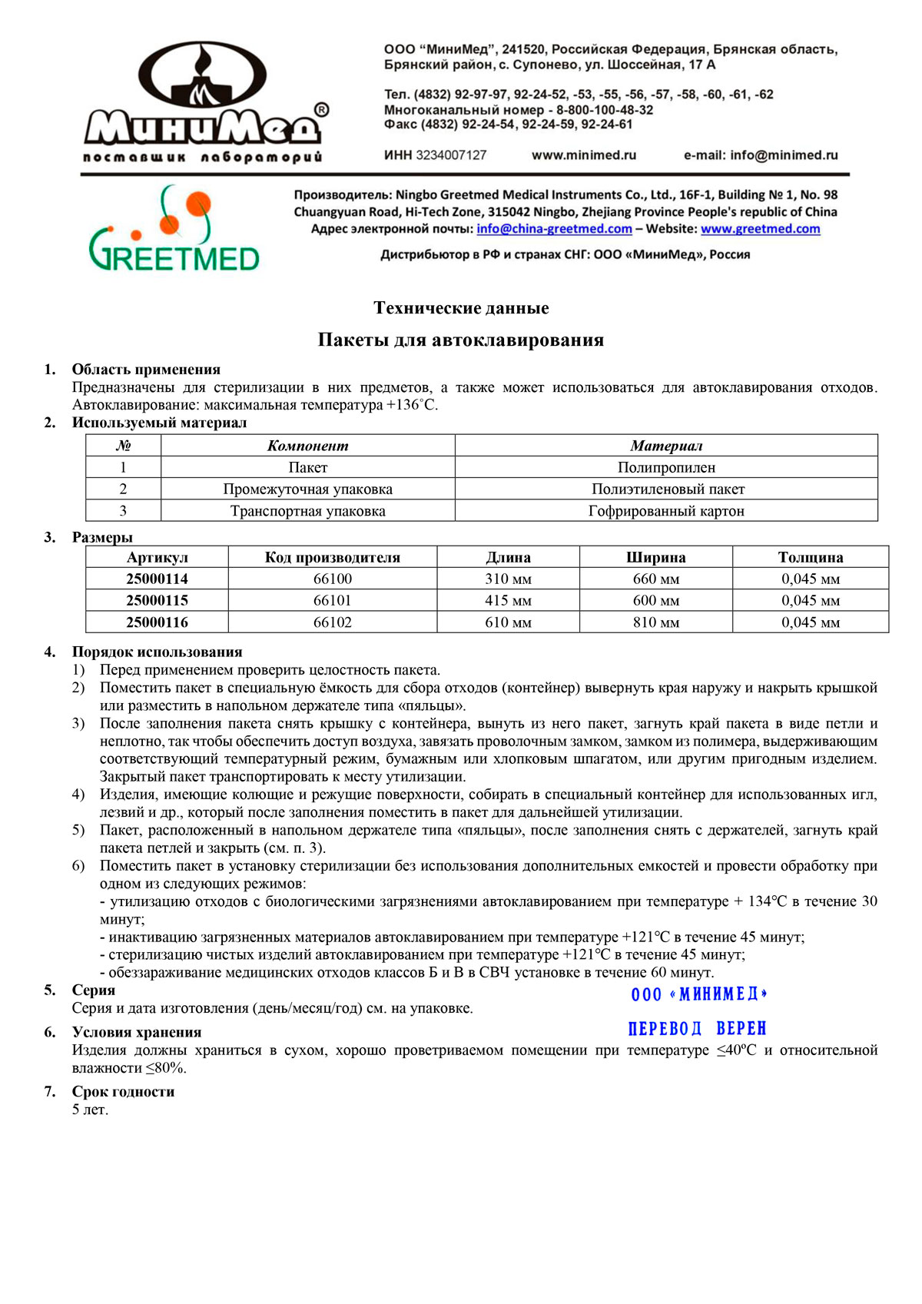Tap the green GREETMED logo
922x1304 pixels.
click(174, 231)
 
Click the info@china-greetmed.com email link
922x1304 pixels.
click(554, 229)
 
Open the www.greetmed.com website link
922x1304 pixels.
click(760, 229)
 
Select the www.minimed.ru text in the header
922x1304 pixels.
click(584, 155)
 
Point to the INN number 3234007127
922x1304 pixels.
click(451, 155)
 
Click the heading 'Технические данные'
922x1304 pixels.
click(461, 308)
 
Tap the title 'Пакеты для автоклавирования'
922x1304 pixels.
click(461, 340)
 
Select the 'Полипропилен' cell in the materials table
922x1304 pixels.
click(666, 467)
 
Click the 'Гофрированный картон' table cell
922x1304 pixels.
click(666, 511)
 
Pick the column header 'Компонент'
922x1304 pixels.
click(307, 446)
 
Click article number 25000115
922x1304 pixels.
click(157, 600)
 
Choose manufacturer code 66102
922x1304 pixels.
click(333, 622)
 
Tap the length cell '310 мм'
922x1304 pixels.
click(508, 579)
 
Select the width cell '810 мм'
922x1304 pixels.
click(655, 622)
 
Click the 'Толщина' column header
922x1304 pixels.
click(811, 557)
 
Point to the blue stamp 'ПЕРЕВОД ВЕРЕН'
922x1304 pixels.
click(697, 1029)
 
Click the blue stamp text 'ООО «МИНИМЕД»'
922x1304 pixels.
click(699, 994)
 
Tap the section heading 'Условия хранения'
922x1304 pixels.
click(137, 1032)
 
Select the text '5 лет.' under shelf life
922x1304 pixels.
click(90, 1110)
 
